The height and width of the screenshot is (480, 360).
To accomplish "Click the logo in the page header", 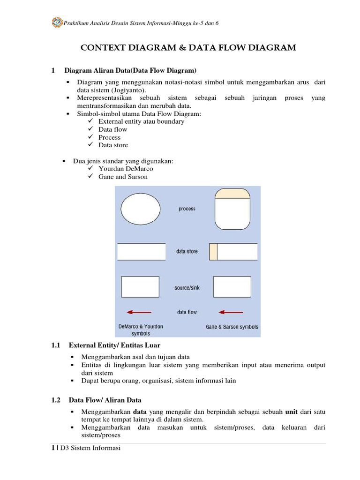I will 57,22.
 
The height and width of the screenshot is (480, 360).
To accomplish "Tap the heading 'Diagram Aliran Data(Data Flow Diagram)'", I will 130,71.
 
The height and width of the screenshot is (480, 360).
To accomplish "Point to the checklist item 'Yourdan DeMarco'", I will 126,169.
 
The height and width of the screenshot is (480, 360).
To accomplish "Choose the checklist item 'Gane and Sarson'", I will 123,177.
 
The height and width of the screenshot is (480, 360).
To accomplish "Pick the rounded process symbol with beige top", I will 232,209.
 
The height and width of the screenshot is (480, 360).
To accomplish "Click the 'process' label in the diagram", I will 187,209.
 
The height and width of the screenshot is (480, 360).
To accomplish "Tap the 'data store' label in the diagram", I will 187,251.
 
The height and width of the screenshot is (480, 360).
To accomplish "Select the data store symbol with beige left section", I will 233,252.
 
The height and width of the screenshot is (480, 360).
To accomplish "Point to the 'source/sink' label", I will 187,288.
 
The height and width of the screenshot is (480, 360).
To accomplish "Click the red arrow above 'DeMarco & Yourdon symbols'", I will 139,312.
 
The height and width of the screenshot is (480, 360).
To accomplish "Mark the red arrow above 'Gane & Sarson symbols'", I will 231,312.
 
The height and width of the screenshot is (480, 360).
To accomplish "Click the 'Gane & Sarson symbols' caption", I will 232,327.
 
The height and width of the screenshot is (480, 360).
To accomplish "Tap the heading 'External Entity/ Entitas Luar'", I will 114,345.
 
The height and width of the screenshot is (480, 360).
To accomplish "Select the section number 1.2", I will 56,400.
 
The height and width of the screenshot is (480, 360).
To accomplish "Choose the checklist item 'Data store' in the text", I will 113,145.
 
